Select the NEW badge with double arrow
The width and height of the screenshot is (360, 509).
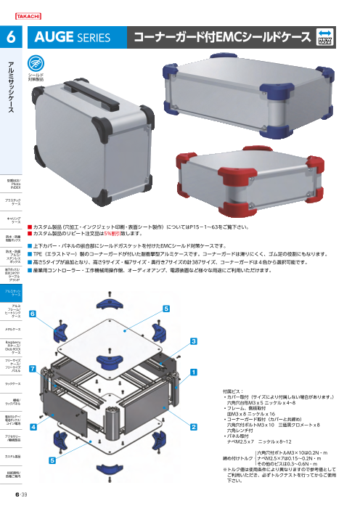click(325, 36)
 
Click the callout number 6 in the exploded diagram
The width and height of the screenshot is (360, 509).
click(32, 313)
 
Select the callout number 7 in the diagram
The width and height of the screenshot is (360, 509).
click(32, 368)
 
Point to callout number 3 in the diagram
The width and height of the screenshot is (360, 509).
click(194, 340)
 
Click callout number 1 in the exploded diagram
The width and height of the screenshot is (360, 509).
click(194, 370)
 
